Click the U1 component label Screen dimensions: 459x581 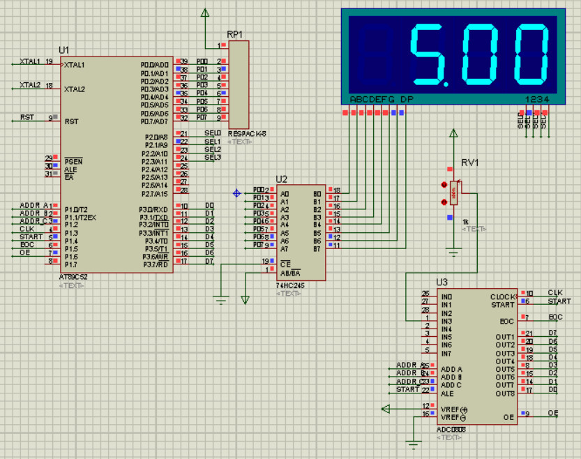64,50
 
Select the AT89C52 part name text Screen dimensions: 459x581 74,277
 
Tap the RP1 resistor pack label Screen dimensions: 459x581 235,34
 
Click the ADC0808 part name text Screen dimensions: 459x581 451,429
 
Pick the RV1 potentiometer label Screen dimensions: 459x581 469,163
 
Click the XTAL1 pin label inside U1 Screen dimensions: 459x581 75,65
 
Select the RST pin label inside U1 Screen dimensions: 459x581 71,121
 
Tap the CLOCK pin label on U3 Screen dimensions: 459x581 502,296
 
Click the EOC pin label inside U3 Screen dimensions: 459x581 507,321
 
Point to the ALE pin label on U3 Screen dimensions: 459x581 448,393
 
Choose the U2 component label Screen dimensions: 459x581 282,179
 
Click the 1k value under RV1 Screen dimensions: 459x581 466,220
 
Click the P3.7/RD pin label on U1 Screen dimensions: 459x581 153,264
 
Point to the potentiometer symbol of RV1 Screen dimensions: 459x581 454,193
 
